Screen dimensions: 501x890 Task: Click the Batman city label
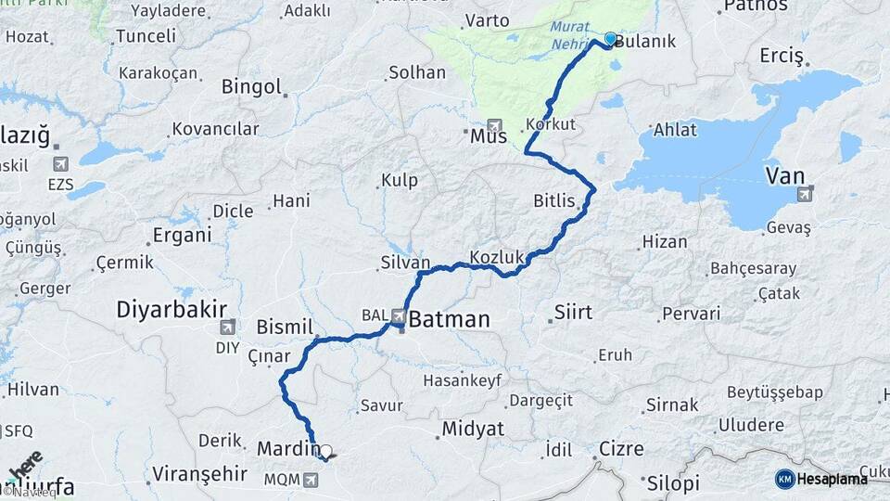pos(449,320)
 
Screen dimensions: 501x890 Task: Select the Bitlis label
pos(554,200)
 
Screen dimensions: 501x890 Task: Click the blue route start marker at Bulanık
pos(610,39)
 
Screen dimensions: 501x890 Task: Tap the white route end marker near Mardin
pos(325,450)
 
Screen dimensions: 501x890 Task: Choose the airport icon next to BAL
pos(399,315)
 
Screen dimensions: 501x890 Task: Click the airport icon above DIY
pos(227,327)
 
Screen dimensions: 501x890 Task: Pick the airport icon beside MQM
pos(310,479)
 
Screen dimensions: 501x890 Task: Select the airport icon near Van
pos(804,193)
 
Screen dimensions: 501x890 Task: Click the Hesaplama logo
pos(821,479)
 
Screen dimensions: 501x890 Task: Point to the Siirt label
pos(572,312)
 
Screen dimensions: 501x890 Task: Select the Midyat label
pos(473,429)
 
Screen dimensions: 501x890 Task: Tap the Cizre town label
pos(620,449)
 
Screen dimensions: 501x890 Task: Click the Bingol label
pos(251,86)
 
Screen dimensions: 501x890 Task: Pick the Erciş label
pos(781,56)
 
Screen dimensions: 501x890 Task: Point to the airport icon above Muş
pos(493,125)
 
